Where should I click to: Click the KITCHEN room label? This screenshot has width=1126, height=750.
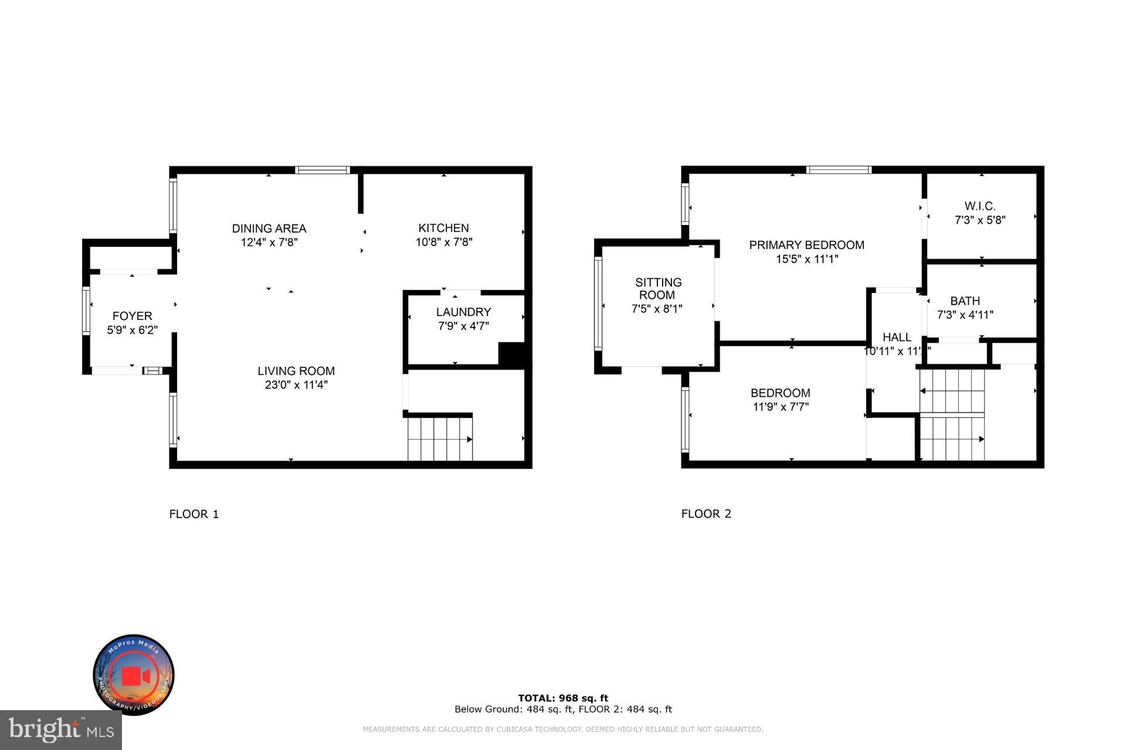pos(443,228)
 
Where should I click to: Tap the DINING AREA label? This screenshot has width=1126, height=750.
pos(269,229)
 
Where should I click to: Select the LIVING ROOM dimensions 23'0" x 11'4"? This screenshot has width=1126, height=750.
pos(296,385)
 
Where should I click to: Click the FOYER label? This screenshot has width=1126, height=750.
pos(132,316)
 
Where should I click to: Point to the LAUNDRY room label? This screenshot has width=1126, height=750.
pos(463,312)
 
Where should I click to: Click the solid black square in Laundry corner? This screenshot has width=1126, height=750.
pos(510,354)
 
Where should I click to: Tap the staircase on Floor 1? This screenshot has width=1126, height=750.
pos(440,438)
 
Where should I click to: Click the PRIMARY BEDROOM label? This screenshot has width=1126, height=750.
pos(806,245)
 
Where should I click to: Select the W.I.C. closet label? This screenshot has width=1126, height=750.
pos(980,206)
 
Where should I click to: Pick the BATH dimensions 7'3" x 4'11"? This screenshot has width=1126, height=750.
pos(965,315)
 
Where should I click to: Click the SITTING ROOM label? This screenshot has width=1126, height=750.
pos(657,289)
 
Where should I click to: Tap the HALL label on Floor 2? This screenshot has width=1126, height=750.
pos(897,337)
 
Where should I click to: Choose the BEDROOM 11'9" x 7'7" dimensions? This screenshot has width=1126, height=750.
pos(781,407)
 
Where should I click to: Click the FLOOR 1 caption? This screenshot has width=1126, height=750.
pos(194,514)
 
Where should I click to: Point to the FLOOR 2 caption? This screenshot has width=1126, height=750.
pos(706,514)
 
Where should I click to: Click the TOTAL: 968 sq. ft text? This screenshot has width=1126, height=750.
pos(563,698)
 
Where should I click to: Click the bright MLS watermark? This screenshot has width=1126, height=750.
pos(61,729)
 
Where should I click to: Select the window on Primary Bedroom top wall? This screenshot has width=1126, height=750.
pos(839,170)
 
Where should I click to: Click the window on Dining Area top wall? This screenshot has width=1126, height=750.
pos(322,170)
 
